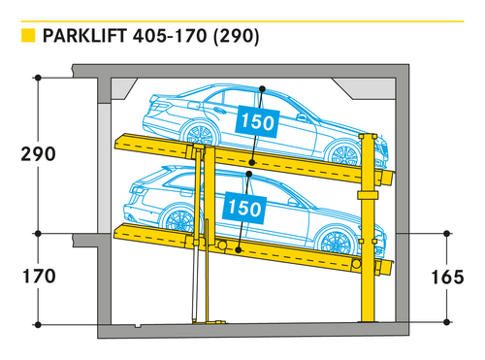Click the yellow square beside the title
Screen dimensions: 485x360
click(28, 36)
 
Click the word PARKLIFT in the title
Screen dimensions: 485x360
click(84, 36)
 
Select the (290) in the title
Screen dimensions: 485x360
click(237, 36)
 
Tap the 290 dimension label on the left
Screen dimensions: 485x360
click(38, 154)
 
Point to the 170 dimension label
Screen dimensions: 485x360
click(39, 277)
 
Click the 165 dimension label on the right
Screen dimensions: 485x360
click(447, 278)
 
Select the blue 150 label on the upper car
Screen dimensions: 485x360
click(257, 122)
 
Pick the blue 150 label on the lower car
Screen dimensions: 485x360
click(244, 208)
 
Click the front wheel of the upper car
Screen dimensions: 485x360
click(344, 154)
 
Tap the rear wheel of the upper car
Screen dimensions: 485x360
click(200, 133)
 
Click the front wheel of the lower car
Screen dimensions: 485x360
click(335, 241)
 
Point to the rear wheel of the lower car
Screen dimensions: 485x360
click(179, 220)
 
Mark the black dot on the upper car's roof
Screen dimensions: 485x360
click(262, 88)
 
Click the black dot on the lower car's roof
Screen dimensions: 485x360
click(248, 174)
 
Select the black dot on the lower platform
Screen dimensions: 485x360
click(239, 250)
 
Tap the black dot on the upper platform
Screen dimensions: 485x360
click(252, 162)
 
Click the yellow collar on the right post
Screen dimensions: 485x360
click(368, 195)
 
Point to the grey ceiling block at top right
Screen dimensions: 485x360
click(365, 88)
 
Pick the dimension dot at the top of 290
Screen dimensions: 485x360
click(38, 78)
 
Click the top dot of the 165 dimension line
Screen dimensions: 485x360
click(447, 233)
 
